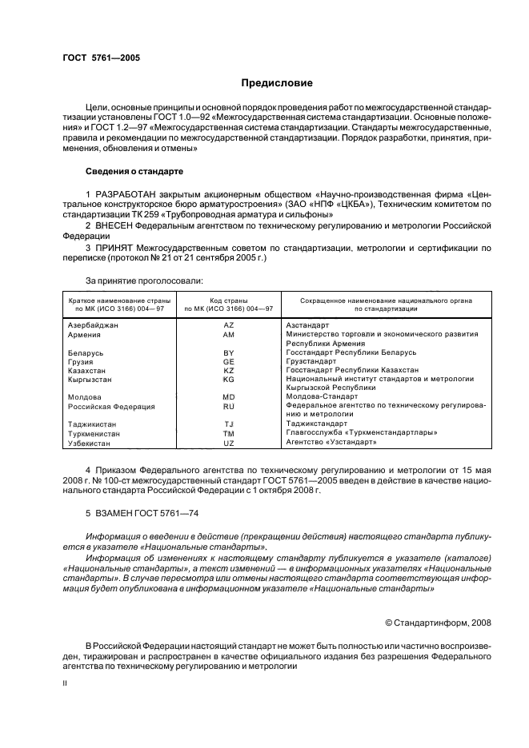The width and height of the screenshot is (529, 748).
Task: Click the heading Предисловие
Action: click(277, 83)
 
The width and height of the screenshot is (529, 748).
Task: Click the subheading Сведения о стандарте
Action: click(134, 171)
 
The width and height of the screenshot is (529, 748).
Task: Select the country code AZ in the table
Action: click(228, 326)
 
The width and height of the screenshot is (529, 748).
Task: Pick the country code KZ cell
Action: click(228, 370)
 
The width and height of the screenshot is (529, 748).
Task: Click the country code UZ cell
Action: click(228, 442)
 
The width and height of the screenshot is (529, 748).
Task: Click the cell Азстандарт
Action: click(307, 326)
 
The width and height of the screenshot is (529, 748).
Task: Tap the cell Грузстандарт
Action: click(311, 361)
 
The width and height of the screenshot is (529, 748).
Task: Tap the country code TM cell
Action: click(228, 432)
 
